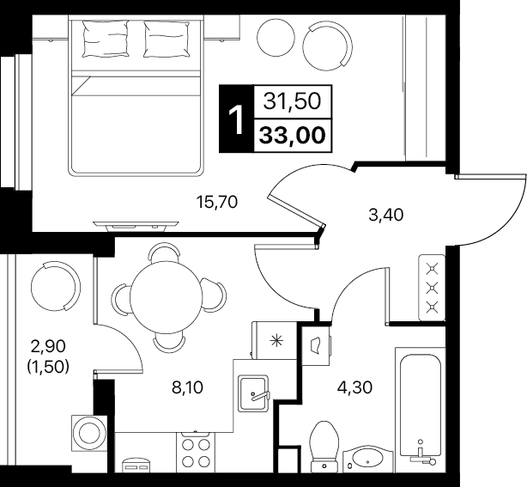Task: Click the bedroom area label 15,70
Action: [217, 203]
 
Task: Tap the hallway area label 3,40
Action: [385, 215]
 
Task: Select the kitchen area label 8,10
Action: [188, 387]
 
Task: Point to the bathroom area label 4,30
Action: [355, 387]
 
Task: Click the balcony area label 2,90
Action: [48, 346]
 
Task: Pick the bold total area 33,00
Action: [293, 135]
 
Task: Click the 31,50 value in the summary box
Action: [292, 101]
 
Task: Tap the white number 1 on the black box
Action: [236, 119]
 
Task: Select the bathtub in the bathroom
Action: [420, 410]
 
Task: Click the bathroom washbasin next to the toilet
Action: [368, 459]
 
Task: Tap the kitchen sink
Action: [253, 393]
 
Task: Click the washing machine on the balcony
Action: [89, 433]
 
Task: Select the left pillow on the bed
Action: [106, 39]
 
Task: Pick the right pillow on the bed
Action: [167, 39]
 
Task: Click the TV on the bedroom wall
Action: [136, 227]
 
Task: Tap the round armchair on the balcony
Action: [56, 286]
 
